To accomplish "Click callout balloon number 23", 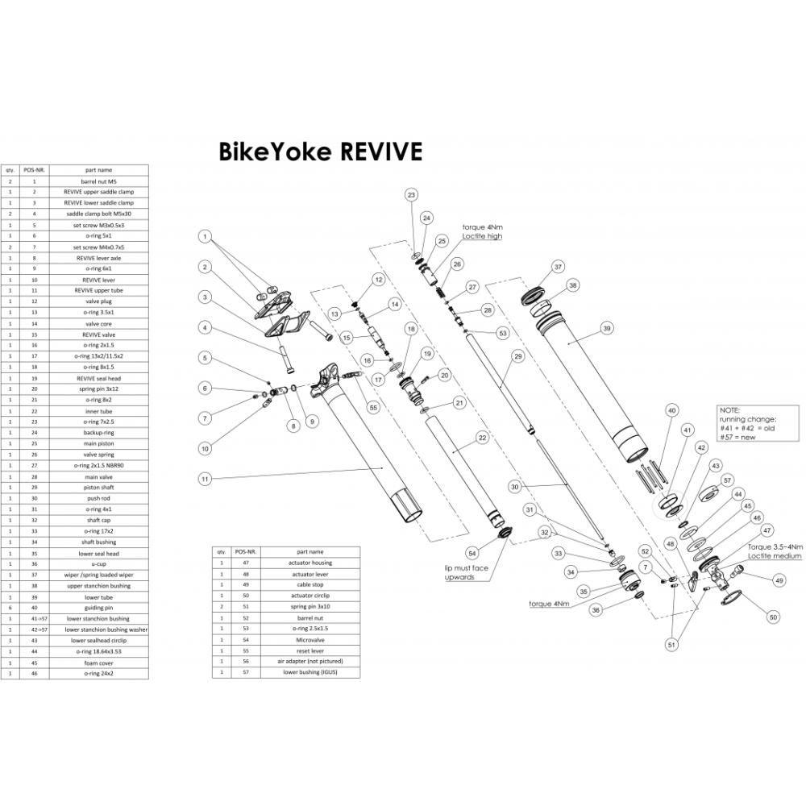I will click(411, 196).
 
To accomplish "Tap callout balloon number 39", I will click(607, 328).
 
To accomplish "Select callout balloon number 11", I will click(206, 478).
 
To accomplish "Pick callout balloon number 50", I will click(774, 617).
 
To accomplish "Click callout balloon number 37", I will click(556, 267).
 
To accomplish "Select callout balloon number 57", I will click(728, 480).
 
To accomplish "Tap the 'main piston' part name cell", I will click(98, 443).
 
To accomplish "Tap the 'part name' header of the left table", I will click(98, 171).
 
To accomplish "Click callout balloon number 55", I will click(373, 408).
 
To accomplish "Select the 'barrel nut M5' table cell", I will click(98, 182).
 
